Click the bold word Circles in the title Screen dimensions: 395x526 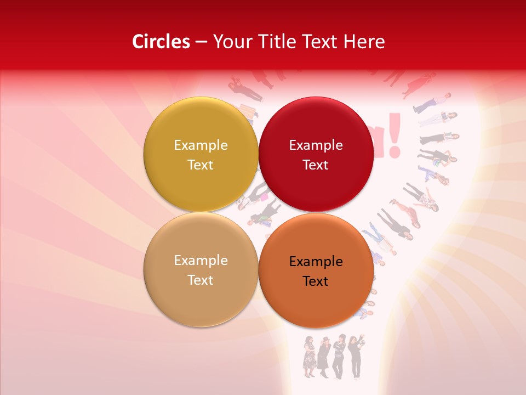(x=161, y=42)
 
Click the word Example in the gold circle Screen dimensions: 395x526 (x=201, y=145)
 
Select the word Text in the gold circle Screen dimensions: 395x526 (x=201, y=165)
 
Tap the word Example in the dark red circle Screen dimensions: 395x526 (x=316, y=145)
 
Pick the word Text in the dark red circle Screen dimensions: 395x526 (x=316, y=165)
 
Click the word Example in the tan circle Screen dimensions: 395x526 (x=201, y=260)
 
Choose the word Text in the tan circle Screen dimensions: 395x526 (x=201, y=280)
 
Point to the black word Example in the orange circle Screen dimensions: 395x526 (x=316, y=261)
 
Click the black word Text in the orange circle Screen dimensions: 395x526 (x=316, y=281)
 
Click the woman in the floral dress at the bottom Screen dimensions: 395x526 (x=310, y=357)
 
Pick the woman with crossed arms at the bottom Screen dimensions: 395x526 (x=340, y=357)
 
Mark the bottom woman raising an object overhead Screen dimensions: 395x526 (x=356, y=357)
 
